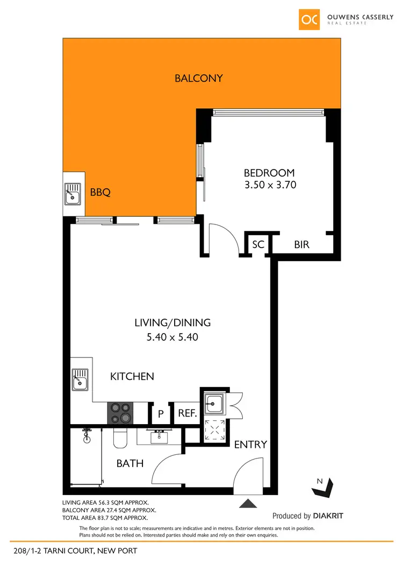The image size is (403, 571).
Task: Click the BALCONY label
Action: (198, 79)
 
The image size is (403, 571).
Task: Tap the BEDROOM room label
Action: (269, 173)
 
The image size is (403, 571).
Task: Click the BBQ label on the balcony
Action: (100, 192)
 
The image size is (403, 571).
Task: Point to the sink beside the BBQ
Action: (73, 194)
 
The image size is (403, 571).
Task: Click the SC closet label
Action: (258, 244)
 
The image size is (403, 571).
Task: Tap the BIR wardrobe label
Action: (301, 244)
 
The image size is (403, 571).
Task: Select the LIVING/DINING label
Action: (172, 323)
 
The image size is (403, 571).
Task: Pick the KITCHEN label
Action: (132, 377)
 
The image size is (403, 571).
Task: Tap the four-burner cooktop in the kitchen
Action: (121, 413)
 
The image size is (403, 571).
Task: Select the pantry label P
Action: (160, 414)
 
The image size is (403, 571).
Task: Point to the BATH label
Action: (130, 462)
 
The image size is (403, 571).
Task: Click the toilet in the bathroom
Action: (120, 439)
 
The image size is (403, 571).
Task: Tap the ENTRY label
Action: (250, 445)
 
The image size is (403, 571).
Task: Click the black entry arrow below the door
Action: (248, 504)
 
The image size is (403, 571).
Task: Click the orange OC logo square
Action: (310, 19)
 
